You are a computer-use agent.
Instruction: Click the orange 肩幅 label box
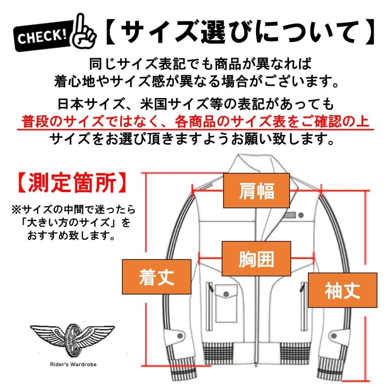pyautogui.click(x=256, y=190)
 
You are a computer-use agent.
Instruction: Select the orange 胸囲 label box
pyautogui.click(x=256, y=259)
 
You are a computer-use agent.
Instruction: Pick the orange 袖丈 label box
pyautogui.click(x=342, y=290)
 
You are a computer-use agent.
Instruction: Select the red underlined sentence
pyautogui.click(x=196, y=121)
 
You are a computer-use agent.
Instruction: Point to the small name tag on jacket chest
pyautogui.click(x=291, y=215)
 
